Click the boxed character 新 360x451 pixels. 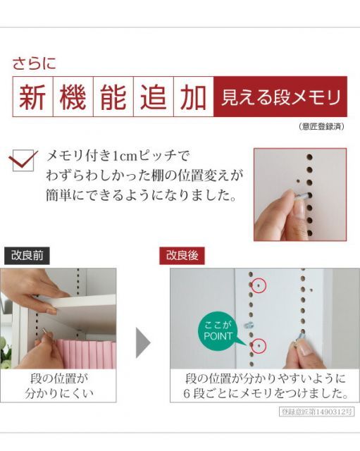click(32, 97)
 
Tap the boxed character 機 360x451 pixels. click(73, 97)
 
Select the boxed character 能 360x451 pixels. click(113, 97)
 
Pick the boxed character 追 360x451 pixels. click(153, 97)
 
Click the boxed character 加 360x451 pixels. click(193, 97)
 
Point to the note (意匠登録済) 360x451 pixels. click(321, 127)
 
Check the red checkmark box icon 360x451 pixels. click(25, 161)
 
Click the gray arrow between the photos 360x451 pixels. click(143, 341)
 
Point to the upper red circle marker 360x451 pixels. click(260, 285)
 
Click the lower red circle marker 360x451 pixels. click(260, 345)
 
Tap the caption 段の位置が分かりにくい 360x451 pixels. click(59, 386)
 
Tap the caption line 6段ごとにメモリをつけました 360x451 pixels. click(266, 393)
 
